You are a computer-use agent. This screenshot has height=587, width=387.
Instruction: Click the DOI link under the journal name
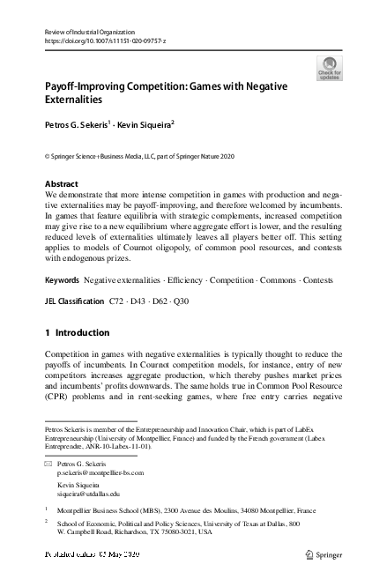(105, 41)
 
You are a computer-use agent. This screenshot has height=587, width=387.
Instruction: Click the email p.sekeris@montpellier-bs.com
(100, 472)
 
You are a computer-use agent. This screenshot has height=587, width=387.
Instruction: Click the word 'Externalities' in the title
(75, 101)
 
